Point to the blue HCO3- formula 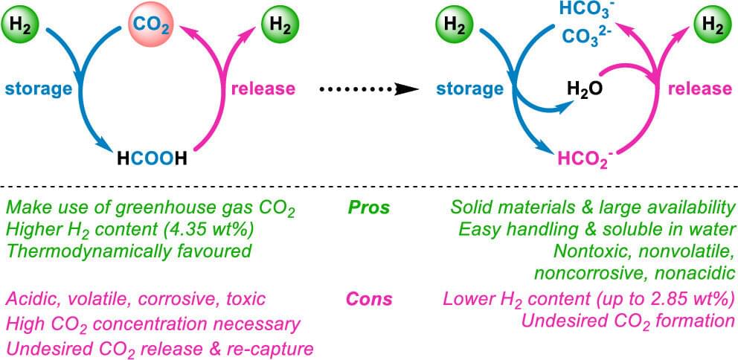581,11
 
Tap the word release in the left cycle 263,89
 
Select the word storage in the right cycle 469,89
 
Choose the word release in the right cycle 699,89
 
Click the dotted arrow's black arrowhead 406,89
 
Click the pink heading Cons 368,300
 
